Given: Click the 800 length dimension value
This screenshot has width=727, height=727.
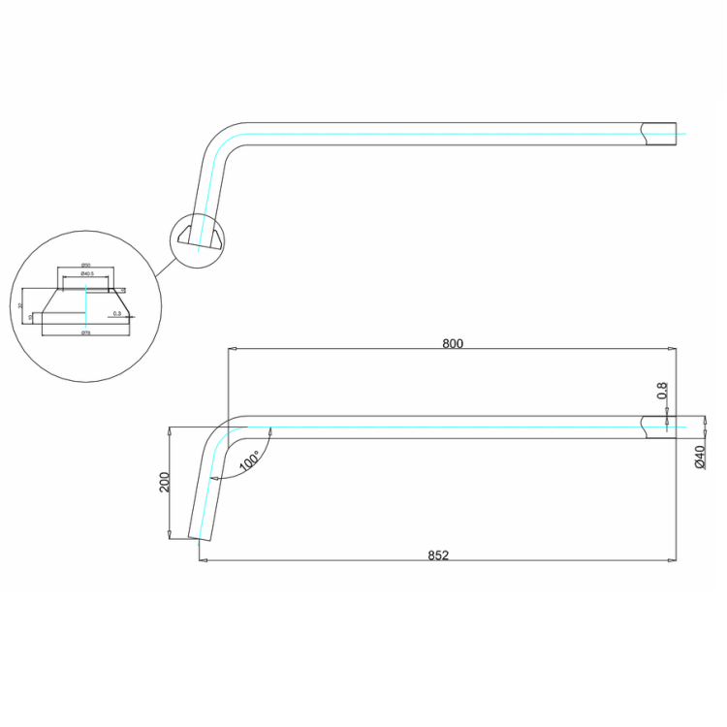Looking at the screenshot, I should (x=453, y=343).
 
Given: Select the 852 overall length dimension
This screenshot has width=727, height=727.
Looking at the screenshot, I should (x=438, y=555).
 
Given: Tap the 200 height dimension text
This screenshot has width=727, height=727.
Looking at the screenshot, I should (x=165, y=482).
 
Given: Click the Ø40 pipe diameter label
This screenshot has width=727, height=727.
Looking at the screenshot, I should (x=700, y=457).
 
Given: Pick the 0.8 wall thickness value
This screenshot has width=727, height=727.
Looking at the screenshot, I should (x=663, y=391).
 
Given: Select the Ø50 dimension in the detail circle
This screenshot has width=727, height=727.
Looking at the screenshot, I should (x=85, y=265).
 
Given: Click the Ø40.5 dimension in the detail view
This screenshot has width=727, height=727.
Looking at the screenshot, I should (x=87, y=274).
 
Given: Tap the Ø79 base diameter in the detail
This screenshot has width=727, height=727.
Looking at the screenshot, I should (x=86, y=333).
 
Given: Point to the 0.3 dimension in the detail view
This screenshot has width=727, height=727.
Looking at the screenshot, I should (x=117, y=313).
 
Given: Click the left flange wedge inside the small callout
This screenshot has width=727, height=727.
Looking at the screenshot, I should (x=184, y=234).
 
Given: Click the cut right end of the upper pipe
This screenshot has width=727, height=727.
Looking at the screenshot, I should (x=659, y=134).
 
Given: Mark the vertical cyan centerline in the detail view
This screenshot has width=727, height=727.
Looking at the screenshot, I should (x=86, y=305).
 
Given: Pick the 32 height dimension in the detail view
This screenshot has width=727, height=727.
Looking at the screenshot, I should (x=20, y=304).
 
